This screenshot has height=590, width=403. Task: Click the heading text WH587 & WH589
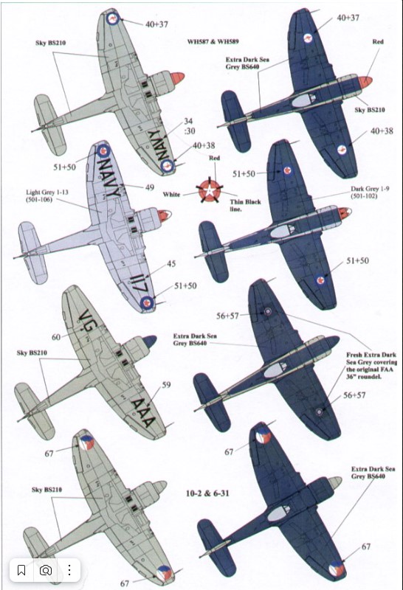point(213,42)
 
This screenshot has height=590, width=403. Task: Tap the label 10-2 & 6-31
point(207,493)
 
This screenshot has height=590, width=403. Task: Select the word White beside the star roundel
point(171,195)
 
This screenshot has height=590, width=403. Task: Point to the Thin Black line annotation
point(245,206)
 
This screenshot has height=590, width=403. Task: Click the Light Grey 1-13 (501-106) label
point(42,195)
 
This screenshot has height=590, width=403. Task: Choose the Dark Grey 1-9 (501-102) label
point(365,192)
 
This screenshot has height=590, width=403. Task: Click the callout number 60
point(56,337)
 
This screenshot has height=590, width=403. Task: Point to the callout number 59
point(166,385)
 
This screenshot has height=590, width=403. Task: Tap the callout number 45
point(171,264)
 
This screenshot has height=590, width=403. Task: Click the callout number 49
point(150,187)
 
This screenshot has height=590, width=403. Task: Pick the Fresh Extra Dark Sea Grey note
point(371,365)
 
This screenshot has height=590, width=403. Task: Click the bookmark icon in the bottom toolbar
point(21,570)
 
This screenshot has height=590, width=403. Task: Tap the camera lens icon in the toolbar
point(46,570)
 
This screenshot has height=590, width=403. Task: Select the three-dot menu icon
point(69,570)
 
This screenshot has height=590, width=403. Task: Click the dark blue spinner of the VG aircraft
point(150,341)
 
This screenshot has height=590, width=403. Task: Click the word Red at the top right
point(377,41)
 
